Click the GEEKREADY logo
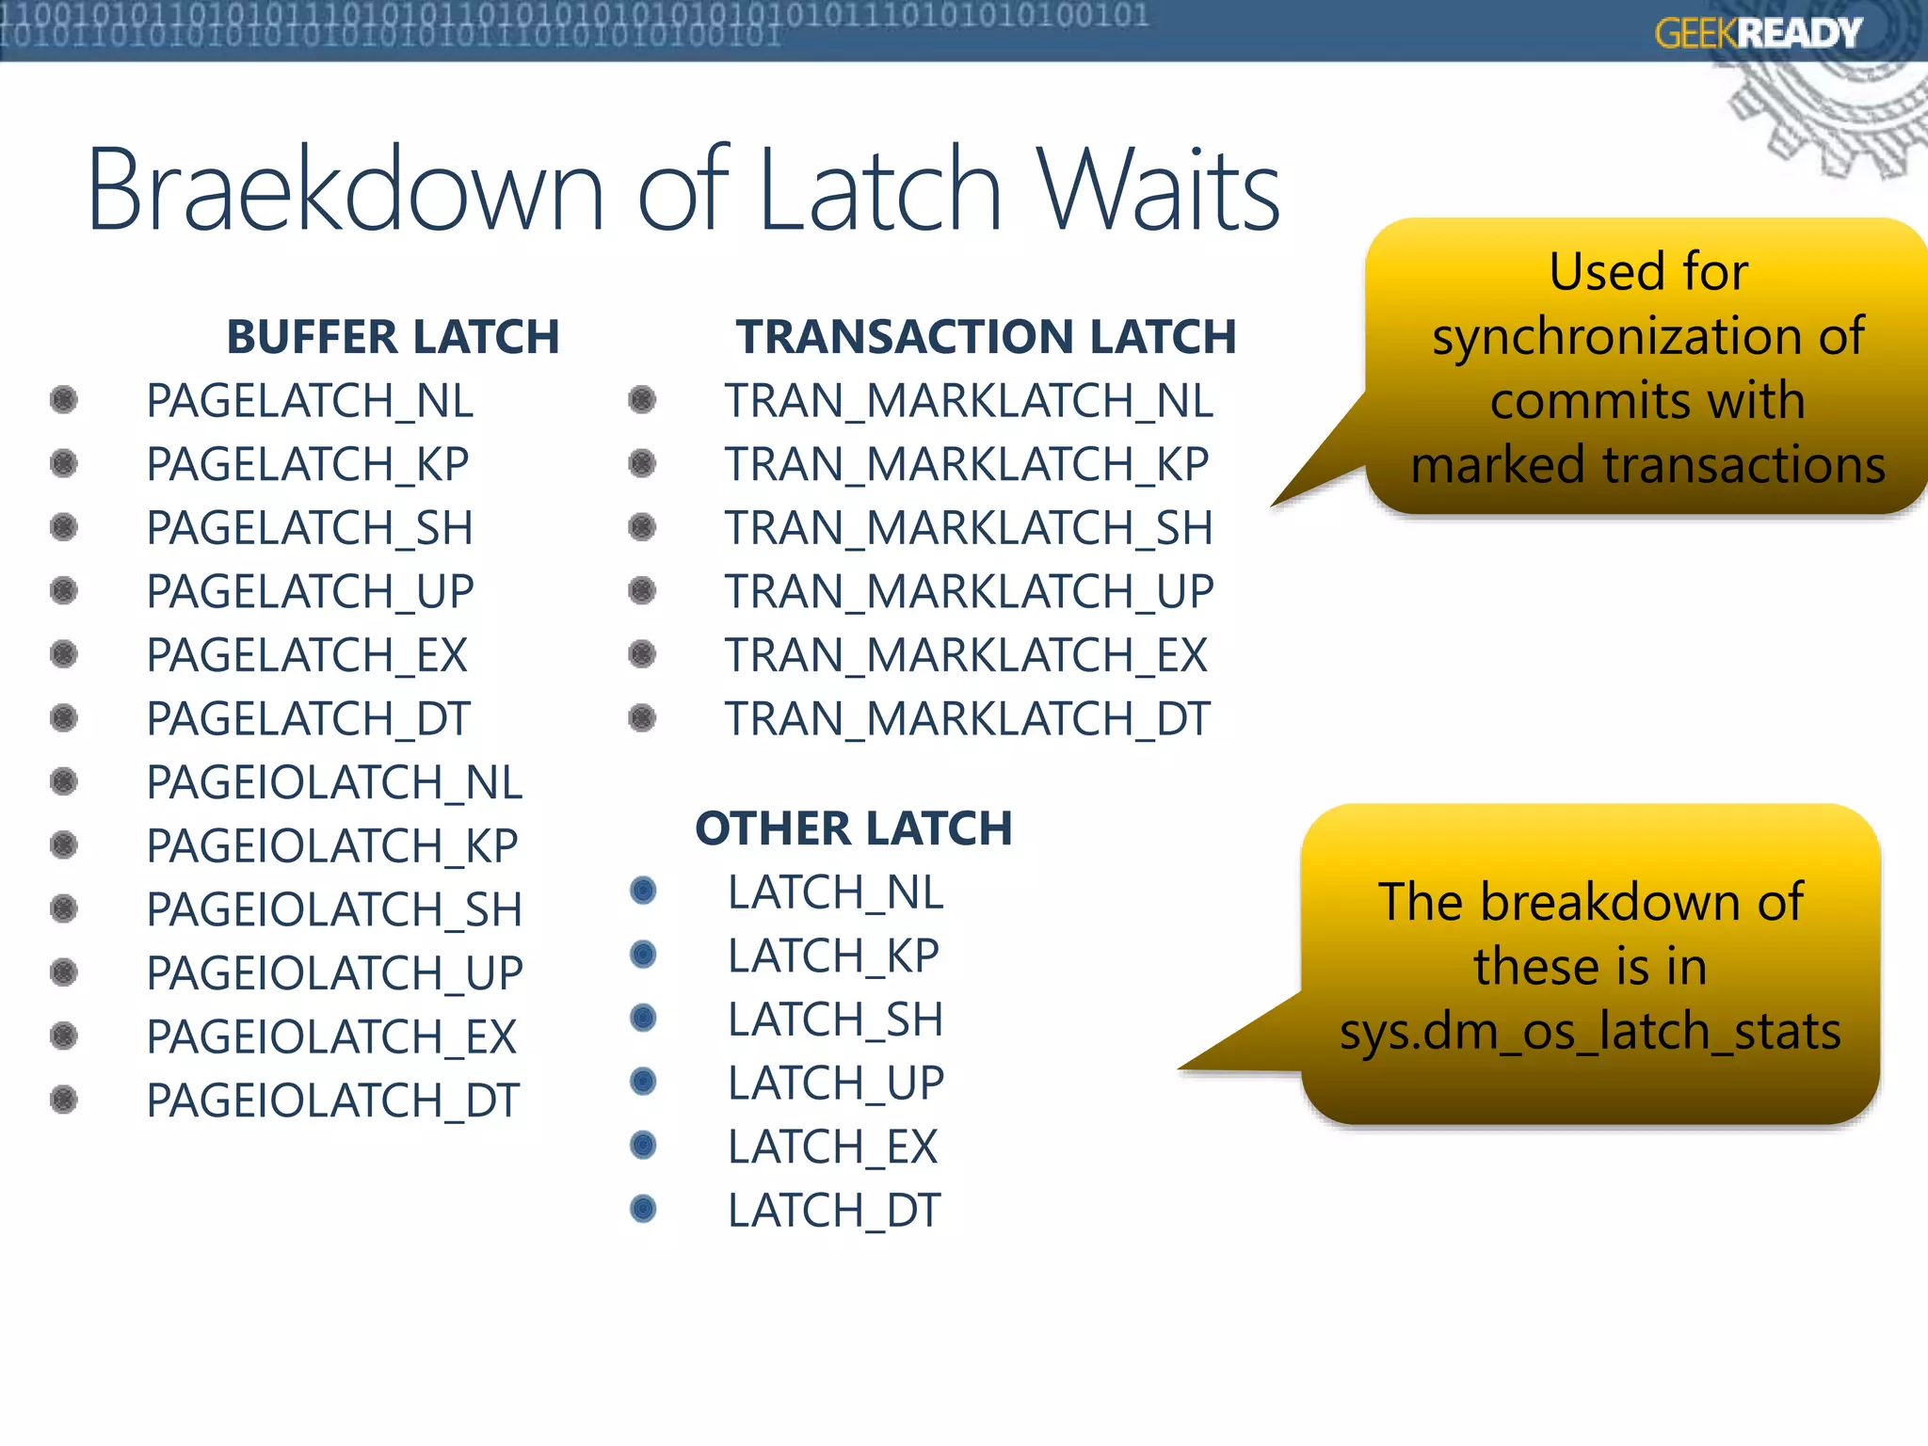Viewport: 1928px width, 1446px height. click(1758, 34)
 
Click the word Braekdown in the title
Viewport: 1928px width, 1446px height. click(345, 190)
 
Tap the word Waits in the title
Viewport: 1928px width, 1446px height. click(1158, 190)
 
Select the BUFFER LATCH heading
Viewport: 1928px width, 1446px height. click(393, 337)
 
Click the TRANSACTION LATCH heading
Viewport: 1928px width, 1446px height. click(986, 337)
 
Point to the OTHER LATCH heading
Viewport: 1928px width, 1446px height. click(853, 828)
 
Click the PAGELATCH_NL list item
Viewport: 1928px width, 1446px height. click(310, 401)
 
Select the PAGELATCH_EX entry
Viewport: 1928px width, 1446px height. click(307, 655)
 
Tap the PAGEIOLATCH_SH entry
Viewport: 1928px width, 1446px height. click(334, 909)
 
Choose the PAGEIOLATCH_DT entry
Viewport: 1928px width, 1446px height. click(332, 1101)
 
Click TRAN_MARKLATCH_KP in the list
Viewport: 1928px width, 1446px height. click(967, 464)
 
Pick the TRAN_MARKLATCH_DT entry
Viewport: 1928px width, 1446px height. click(967, 719)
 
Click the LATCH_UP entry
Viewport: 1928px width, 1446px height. click(835, 1083)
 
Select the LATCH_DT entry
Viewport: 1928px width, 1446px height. click(834, 1211)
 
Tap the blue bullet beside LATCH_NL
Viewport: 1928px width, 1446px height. click(643, 891)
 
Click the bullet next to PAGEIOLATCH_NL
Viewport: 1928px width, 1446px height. click(63, 781)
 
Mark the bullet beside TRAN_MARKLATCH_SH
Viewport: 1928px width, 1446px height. click(642, 527)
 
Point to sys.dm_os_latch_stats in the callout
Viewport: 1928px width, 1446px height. click(1590, 1031)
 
